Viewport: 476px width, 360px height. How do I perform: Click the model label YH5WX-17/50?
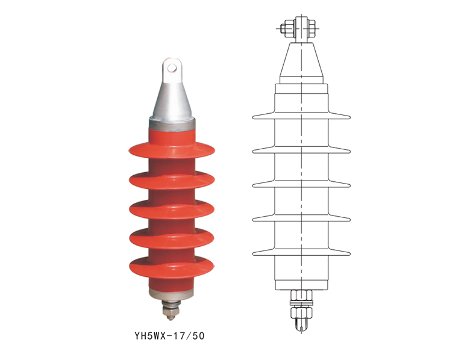point(169,336)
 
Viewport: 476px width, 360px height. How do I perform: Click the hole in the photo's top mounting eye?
point(172,68)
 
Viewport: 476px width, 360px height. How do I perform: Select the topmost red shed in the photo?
point(172,150)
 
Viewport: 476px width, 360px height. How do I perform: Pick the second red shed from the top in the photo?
point(172,181)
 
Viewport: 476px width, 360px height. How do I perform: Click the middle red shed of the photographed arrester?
point(172,209)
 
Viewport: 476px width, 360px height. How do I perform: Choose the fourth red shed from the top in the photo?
point(172,238)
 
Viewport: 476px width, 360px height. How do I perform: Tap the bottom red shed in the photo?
point(172,267)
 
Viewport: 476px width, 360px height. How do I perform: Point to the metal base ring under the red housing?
point(171,294)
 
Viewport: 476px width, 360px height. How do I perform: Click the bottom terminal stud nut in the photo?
point(171,310)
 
